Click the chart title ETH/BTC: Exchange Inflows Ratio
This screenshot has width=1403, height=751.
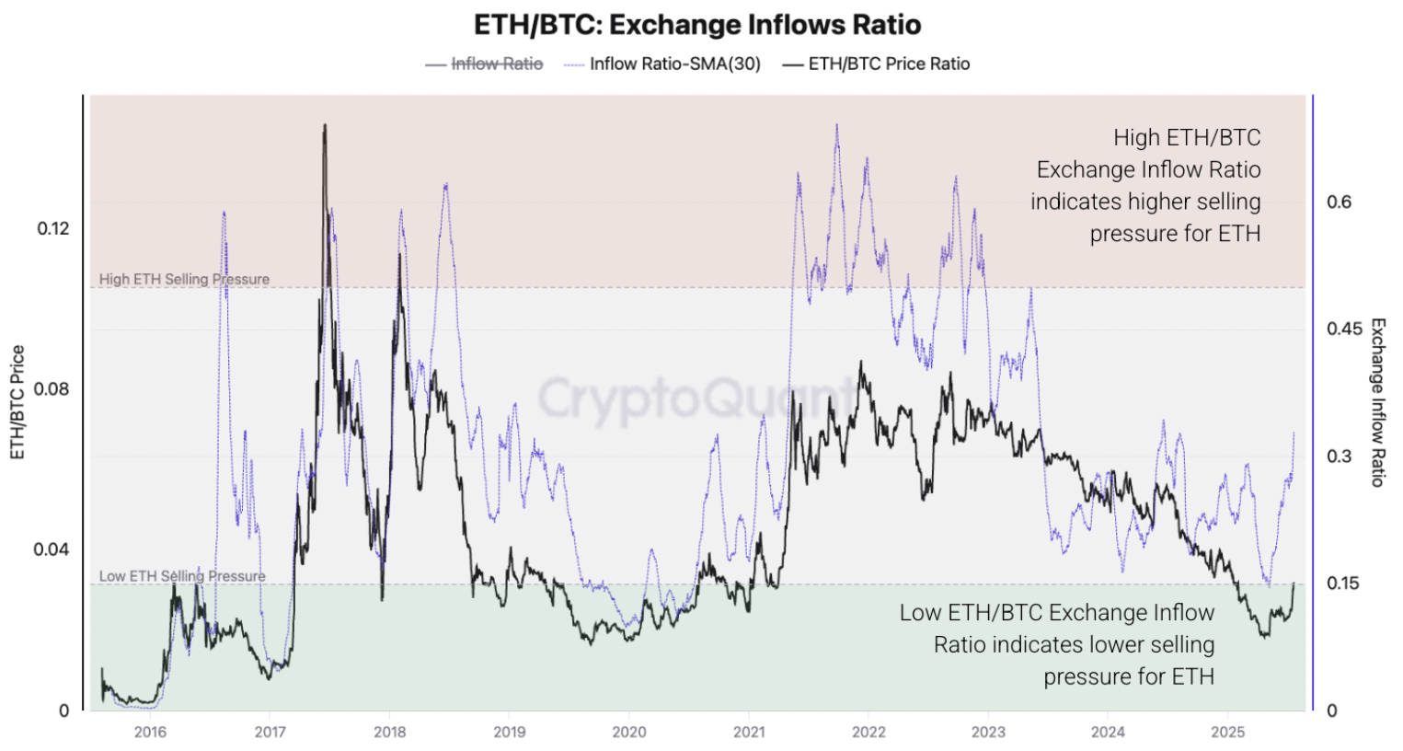tap(697, 24)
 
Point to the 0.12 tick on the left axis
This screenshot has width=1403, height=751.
tap(53, 228)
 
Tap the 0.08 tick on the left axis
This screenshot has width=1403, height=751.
tap(52, 388)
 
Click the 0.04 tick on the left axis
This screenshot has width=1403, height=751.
tap(52, 549)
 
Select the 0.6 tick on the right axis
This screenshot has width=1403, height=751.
tap(1339, 202)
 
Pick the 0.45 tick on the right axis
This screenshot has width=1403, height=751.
tap(1344, 329)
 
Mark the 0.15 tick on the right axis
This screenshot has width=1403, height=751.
tap(1343, 583)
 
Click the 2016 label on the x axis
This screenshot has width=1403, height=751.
tap(150, 733)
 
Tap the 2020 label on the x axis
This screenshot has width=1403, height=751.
tap(629, 733)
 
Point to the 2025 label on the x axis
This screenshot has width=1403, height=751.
tap(1227, 733)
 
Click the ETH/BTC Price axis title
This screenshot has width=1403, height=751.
tap(17, 402)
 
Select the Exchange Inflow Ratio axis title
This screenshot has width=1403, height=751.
tap(1377, 402)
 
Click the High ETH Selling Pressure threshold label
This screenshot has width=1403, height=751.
tap(184, 279)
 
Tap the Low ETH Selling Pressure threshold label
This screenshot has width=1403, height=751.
tap(182, 576)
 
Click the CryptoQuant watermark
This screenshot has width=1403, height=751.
tap(696, 398)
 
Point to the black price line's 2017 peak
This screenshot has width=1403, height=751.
tap(324, 126)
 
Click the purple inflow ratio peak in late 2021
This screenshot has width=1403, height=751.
tap(836, 125)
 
